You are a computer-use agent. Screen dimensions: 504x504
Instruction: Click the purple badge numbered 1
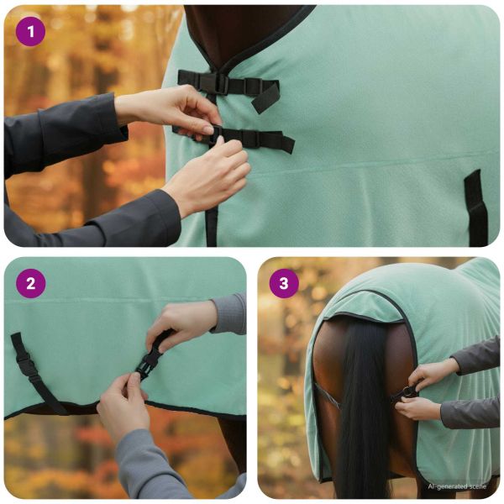pos(30,32)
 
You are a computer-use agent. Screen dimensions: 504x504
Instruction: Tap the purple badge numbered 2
pos(30,284)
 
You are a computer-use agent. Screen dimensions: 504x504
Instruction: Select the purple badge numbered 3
pos(284,284)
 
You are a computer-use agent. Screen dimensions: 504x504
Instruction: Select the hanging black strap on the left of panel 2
pos(35,373)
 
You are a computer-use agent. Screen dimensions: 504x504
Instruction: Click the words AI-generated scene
pos(457,486)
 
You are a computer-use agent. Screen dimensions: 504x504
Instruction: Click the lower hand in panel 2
pos(123,405)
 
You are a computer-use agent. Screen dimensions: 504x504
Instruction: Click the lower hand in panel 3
pos(417,408)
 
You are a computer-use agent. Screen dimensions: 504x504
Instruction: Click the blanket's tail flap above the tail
pos(363,306)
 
